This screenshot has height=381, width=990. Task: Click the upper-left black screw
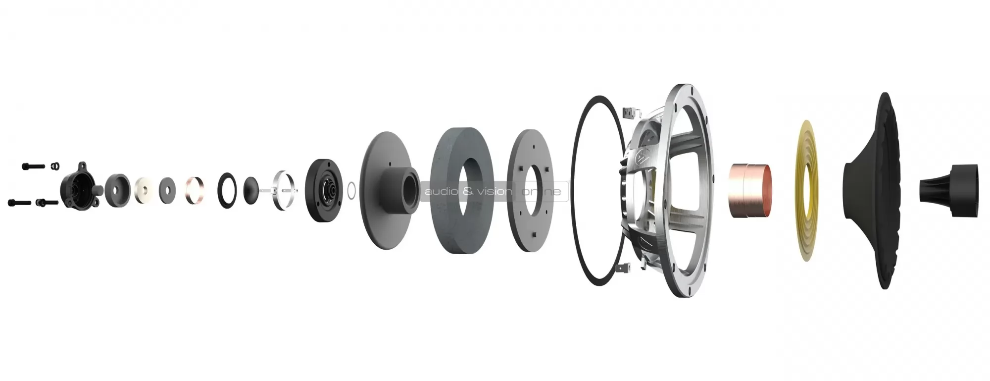[x=33, y=166]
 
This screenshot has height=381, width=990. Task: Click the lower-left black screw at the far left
[x=19, y=202]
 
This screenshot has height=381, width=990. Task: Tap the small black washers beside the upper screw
[x=56, y=165]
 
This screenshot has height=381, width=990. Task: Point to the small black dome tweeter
[x=252, y=189]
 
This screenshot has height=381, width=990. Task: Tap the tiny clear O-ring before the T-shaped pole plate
[x=350, y=190]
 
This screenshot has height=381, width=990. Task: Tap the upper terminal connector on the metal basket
[x=628, y=113]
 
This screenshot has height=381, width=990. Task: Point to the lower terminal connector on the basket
[x=622, y=269]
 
